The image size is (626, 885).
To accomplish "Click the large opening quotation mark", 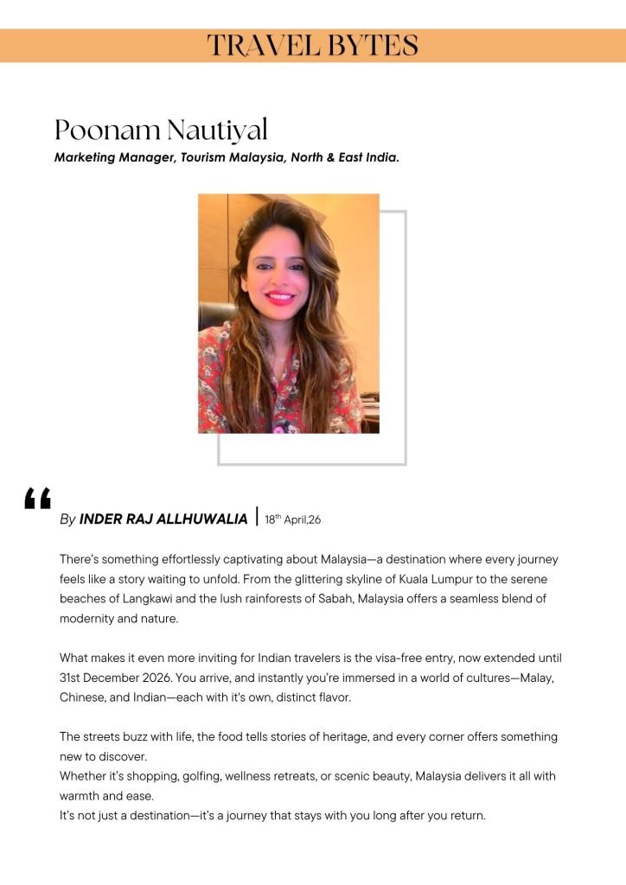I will pyautogui.click(x=38, y=500).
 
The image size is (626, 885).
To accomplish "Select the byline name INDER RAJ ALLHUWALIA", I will pyautogui.click(x=163, y=519).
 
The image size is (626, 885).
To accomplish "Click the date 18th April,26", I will pyautogui.click(x=293, y=519).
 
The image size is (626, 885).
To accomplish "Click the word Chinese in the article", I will pyautogui.click(x=83, y=697).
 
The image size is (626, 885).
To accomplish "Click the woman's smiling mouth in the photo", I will pyautogui.click(x=279, y=298).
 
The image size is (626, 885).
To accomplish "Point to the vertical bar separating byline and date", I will pyautogui.click(x=257, y=517).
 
